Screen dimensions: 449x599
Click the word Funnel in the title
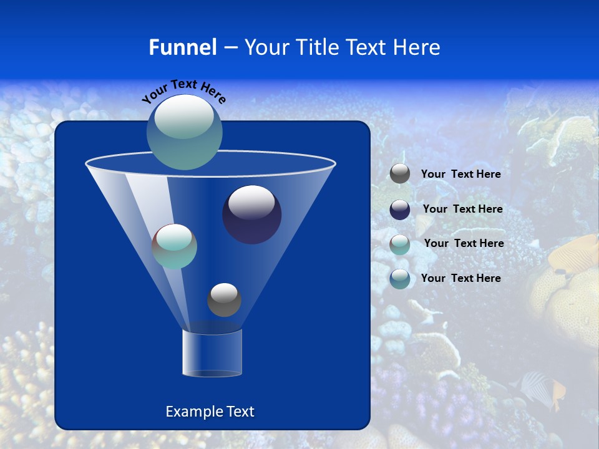182,47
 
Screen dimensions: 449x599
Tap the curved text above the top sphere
183,90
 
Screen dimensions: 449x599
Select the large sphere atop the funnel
184,132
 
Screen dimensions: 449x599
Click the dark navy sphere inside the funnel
251,214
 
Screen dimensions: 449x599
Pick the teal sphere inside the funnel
175,246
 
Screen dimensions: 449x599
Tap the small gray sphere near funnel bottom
224,299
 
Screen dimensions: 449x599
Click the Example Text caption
210,412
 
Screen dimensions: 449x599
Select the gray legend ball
400,174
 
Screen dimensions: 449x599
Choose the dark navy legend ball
400,210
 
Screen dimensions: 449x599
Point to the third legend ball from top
400,244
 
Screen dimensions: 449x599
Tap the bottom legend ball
400,279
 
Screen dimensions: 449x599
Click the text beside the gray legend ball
460,175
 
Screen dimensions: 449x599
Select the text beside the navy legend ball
462,209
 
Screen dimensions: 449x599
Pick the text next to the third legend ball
464,243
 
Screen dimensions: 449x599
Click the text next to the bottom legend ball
460,278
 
